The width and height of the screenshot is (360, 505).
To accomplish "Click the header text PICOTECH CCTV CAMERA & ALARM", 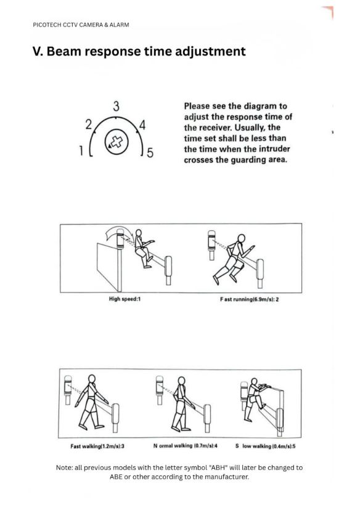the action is tap(81, 25).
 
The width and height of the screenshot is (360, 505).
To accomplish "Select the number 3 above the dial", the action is tap(116, 107).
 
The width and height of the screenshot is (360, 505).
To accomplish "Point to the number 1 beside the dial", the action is tap(81, 150).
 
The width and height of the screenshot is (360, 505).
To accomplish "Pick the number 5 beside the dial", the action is tap(150, 153).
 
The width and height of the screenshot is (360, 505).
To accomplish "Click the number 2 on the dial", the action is tap(89, 124).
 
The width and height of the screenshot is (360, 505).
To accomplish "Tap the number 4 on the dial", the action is tap(142, 125).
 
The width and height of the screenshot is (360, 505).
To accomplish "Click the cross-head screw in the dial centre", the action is tap(117, 142).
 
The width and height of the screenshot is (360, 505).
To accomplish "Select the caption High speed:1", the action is tap(125, 299).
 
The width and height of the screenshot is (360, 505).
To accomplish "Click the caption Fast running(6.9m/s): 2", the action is tap(250, 299).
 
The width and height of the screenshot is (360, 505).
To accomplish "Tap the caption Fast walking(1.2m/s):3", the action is tap(97, 446).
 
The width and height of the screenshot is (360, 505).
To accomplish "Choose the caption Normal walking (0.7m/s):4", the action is tap(186, 446).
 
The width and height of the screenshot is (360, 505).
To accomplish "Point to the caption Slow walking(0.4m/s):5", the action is tap(266, 446).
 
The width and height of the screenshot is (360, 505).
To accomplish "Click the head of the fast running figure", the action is tap(241, 238).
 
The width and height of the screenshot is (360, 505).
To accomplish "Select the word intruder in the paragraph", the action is tap(274, 149).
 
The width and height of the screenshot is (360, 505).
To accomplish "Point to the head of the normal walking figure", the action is tap(182, 381).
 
